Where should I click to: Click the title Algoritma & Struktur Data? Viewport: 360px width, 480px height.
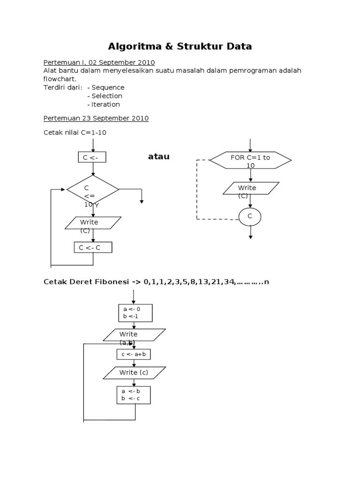(180, 46)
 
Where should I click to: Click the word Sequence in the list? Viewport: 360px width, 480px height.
(108, 87)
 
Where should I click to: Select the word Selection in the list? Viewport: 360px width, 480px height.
(107, 96)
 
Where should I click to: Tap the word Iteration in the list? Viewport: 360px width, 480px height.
(105, 104)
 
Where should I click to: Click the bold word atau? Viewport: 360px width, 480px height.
(158, 157)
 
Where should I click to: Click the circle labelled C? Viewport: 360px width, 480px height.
(250, 216)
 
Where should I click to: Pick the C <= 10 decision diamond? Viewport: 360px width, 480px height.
(93, 190)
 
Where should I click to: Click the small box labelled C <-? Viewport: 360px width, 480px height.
(92, 157)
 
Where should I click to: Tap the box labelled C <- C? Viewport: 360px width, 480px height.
(93, 247)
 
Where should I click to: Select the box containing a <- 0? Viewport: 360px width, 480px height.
(135, 313)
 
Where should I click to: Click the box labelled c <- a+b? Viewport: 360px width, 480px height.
(134, 354)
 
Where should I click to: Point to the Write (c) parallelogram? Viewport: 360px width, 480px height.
(134, 373)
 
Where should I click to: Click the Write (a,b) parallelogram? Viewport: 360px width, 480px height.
(134, 335)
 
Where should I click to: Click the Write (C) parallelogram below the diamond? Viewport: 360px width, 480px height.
(92, 223)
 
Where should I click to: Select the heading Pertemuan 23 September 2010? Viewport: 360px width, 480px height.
(96, 118)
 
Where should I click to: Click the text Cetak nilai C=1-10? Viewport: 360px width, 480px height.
(75, 132)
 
